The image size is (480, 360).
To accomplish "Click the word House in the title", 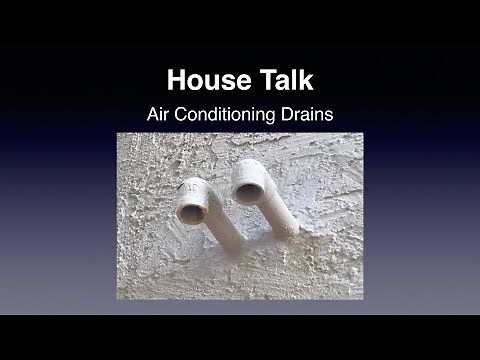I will pyautogui.click(x=204, y=79).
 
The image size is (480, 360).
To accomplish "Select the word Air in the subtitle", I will pyautogui.click(x=160, y=114).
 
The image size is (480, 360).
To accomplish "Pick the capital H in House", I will pyautogui.click(x=176, y=79).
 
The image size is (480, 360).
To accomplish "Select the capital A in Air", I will pyautogui.click(x=153, y=114).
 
